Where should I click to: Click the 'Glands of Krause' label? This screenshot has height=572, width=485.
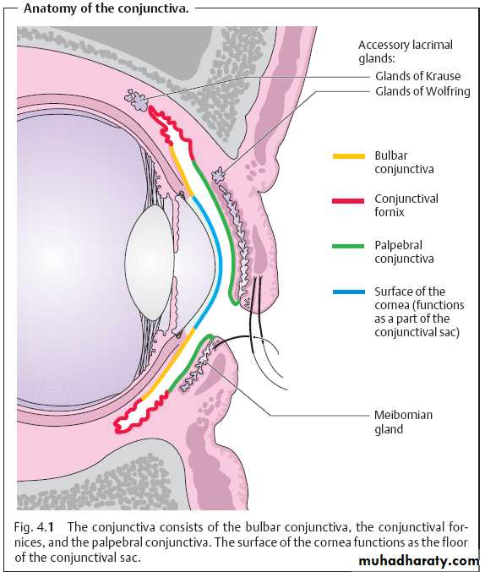418,76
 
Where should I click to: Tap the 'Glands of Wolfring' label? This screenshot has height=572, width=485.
422,91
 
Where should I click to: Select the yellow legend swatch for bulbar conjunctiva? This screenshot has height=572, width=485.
349,156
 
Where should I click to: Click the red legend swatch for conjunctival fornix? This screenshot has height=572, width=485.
348,200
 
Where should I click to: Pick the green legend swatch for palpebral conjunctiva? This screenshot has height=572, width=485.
348,246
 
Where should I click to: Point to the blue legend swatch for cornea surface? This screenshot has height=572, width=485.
349,291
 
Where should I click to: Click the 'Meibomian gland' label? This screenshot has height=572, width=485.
403,422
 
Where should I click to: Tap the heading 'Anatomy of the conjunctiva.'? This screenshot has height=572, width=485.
106,8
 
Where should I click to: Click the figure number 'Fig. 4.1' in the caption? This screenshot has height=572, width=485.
34,527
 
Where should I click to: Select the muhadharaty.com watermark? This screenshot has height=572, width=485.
419,561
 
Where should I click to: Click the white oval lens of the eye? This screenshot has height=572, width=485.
150,262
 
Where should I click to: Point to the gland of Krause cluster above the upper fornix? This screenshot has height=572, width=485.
136,99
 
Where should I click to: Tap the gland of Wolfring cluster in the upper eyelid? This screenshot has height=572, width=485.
219,174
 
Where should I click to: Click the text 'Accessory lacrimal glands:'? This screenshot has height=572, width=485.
405,52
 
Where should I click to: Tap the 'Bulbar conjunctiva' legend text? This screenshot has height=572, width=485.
404,162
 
